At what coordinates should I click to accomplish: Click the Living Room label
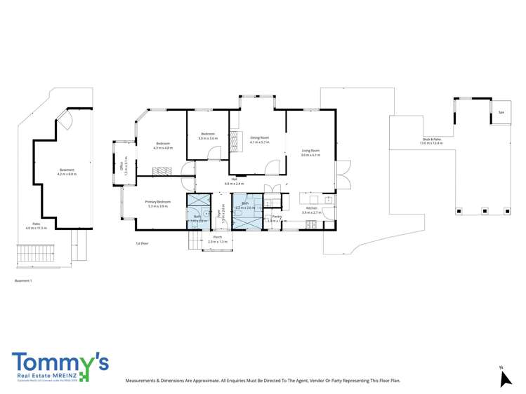point(310,151)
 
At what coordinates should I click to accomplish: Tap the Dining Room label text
point(259,137)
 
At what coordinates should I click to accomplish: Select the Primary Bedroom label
point(158,202)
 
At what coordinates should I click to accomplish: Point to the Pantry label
point(277,217)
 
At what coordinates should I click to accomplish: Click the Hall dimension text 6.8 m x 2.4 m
point(233,184)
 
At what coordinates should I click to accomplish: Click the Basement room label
point(67,170)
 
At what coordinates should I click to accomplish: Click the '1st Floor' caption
point(143,243)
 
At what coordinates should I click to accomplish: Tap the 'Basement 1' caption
point(23,280)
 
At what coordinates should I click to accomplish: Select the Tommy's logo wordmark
point(60,362)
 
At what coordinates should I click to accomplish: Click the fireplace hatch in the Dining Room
point(237,137)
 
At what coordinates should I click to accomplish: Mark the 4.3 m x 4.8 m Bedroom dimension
point(163,148)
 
